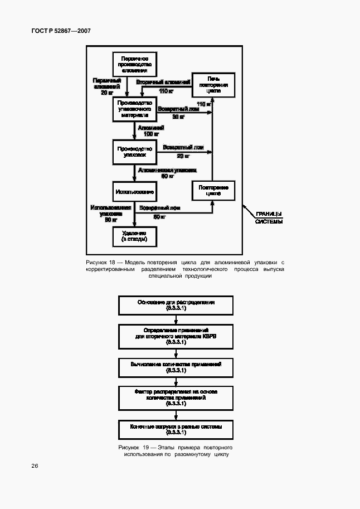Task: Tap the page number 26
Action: coord(35,466)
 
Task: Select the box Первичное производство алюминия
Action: coord(134,64)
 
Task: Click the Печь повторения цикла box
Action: coord(213,84)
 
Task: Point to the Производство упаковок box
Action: coord(134,152)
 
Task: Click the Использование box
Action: coord(134,192)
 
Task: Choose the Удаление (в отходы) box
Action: coord(134,236)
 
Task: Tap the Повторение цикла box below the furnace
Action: coord(213,191)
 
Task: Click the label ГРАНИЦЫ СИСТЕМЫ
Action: coord(269,217)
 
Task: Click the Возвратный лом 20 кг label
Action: coord(183,151)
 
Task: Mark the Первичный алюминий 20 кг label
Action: coord(107,86)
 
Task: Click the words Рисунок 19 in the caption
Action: coord(133,448)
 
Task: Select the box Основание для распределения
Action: coord(176,305)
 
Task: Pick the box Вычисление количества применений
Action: coord(176,367)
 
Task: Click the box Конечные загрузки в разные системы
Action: coord(176,429)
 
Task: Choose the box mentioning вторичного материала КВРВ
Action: coord(176,336)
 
